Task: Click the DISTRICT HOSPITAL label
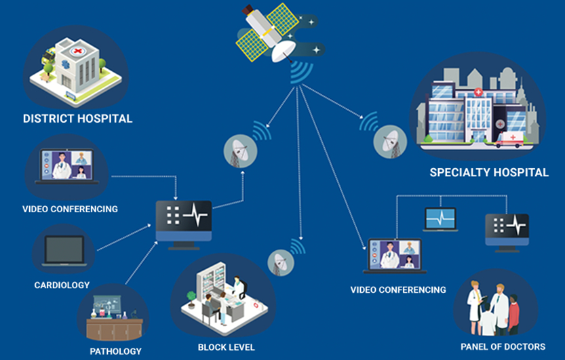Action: (77, 119)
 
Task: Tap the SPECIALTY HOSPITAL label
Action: (489, 172)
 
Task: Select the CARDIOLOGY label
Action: (62, 285)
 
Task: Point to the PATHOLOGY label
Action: (116, 351)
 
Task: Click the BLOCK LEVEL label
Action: (227, 347)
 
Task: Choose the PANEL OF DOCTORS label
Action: (503, 346)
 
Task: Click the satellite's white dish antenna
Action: (283, 51)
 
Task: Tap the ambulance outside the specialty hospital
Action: (509, 139)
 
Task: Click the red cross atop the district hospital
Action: (77, 51)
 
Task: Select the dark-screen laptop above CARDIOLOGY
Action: (64, 251)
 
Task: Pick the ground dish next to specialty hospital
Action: (390, 142)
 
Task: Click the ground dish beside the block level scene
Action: (281, 263)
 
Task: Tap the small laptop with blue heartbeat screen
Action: (440, 219)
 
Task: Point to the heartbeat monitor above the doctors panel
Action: (507, 233)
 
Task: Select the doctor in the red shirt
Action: (513, 315)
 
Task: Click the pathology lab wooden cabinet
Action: (115, 329)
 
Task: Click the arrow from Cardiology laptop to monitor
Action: (124, 237)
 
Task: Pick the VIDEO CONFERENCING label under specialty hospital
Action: (398, 289)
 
